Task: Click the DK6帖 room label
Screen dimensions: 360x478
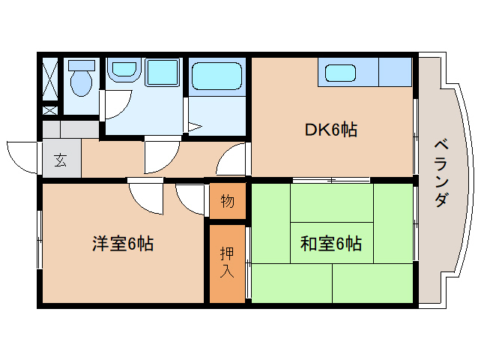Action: point(330,130)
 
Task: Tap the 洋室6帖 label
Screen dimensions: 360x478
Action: point(123,243)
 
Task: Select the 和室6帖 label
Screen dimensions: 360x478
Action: point(331,243)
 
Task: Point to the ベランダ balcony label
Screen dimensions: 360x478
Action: point(443,173)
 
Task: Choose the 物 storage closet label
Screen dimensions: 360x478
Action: point(227,202)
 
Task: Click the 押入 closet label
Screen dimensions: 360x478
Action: point(227,263)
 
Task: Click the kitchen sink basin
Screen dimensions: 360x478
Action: point(341,73)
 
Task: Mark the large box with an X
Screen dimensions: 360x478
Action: point(49,78)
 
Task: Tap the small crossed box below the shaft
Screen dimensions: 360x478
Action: point(49,110)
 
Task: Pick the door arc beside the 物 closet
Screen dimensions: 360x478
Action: point(191,199)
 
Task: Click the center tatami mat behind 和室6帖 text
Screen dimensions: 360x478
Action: point(331,243)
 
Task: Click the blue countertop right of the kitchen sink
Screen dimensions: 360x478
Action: point(395,73)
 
